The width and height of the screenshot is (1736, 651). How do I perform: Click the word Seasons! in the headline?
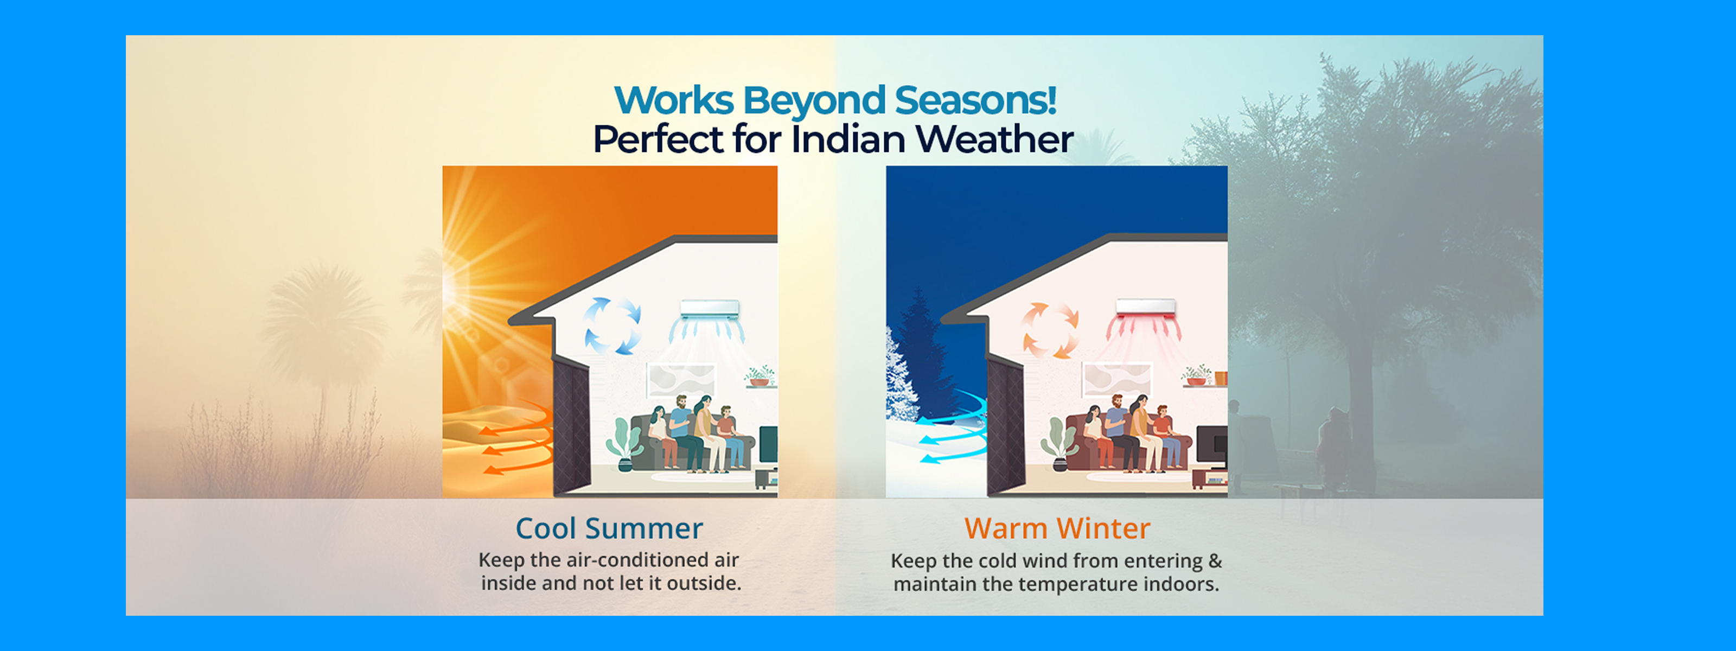pos(975,100)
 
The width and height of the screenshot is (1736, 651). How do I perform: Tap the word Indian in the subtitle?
pos(848,139)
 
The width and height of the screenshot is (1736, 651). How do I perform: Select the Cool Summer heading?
pos(609,528)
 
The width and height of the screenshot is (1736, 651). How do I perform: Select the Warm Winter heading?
pos(1057,528)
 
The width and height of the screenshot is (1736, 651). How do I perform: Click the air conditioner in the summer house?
pos(710,310)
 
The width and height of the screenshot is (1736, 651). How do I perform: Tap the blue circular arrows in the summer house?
pos(612,325)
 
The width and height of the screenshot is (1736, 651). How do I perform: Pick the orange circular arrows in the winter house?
pos(1049,330)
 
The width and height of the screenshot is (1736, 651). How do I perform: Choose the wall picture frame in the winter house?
pos(1116,379)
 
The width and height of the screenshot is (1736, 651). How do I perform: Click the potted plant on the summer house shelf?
pos(760,376)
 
